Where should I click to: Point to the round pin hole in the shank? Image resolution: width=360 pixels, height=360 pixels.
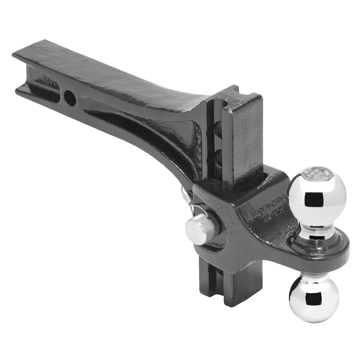tap(70, 98)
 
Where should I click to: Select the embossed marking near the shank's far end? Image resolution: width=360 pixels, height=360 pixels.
tap(52, 80)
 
